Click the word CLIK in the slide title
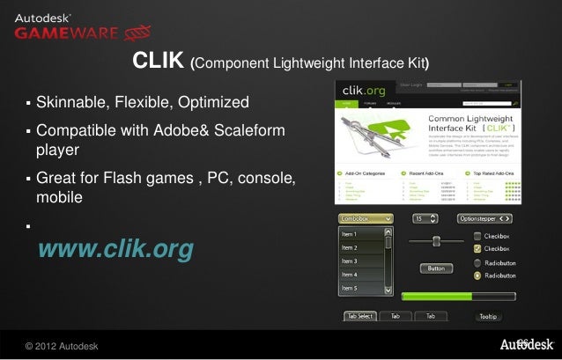pos(159,62)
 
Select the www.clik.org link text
pos(115,250)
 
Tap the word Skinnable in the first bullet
pos(70,103)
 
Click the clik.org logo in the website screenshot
pos(365,91)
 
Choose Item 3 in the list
pos(351,261)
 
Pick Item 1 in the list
pos(351,234)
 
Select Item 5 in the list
pos(351,288)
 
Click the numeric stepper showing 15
pos(427,217)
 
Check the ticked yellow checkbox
pos(477,249)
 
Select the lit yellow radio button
pos(477,276)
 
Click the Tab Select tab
pos(360,316)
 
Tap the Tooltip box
pos(488,316)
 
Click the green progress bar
pos(435,297)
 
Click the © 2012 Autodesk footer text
pos(61,343)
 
